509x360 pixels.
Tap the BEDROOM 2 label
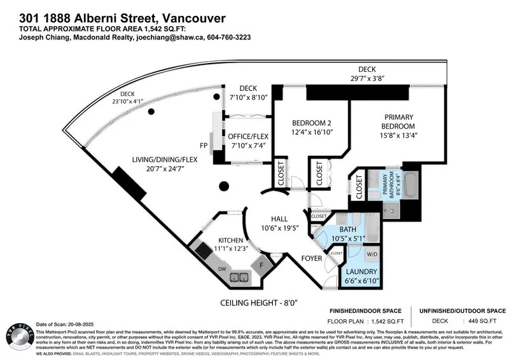(311, 123)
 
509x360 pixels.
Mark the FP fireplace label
(204, 146)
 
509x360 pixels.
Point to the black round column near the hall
(224, 186)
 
